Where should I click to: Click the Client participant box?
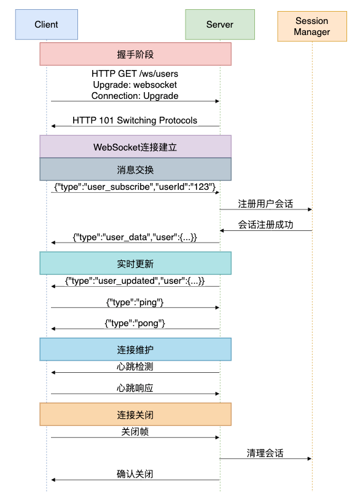coord(47,25)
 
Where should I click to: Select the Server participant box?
coord(220,25)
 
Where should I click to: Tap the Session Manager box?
coord(312,26)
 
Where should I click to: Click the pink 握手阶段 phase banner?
coord(135,54)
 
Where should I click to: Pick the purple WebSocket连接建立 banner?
coord(135,147)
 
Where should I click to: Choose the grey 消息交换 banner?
coord(135,170)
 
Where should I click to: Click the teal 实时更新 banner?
coord(135,264)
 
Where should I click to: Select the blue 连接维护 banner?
coord(135,349)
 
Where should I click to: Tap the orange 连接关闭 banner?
coord(135,415)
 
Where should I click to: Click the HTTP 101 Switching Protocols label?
coord(135,120)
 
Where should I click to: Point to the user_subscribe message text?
coord(135,187)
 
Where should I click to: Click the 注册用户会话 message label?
coord(265,204)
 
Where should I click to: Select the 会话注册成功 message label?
coord(265,225)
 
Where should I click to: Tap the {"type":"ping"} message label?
coord(135,302)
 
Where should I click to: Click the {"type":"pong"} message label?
coord(135,323)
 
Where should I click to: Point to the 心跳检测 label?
coord(135,367)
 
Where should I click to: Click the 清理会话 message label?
coord(265,453)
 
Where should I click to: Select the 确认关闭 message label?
coord(135,474)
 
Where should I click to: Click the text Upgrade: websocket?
coord(135,85)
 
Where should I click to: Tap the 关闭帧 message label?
coord(135,432)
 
